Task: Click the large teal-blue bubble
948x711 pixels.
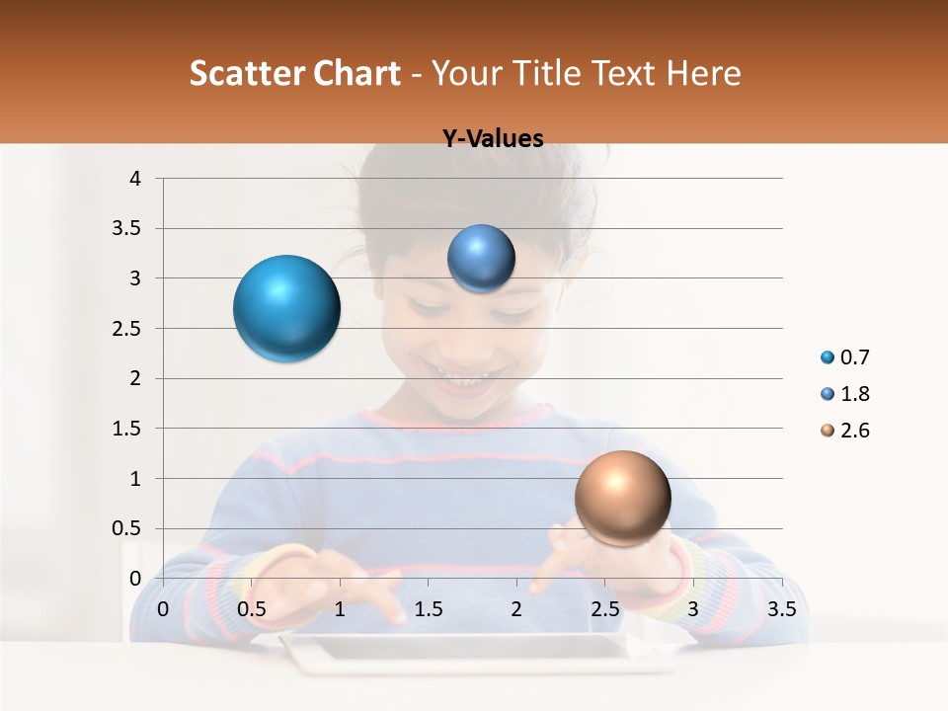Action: (x=286, y=308)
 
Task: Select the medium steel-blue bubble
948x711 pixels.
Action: (x=481, y=259)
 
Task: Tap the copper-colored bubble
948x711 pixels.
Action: (x=622, y=498)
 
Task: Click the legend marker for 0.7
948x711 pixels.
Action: (x=827, y=357)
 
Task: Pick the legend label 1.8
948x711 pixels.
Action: (x=854, y=394)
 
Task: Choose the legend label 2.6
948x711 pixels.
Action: (x=854, y=431)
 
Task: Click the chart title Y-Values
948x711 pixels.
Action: (x=492, y=139)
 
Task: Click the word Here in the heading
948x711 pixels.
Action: (x=702, y=73)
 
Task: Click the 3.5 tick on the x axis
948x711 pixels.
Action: (x=781, y=609)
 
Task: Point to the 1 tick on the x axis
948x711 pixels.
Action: (x=340, y=609)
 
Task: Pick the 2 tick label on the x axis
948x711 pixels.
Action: (x=516, y=609)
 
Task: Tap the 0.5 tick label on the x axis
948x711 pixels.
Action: (x=251, y=609)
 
